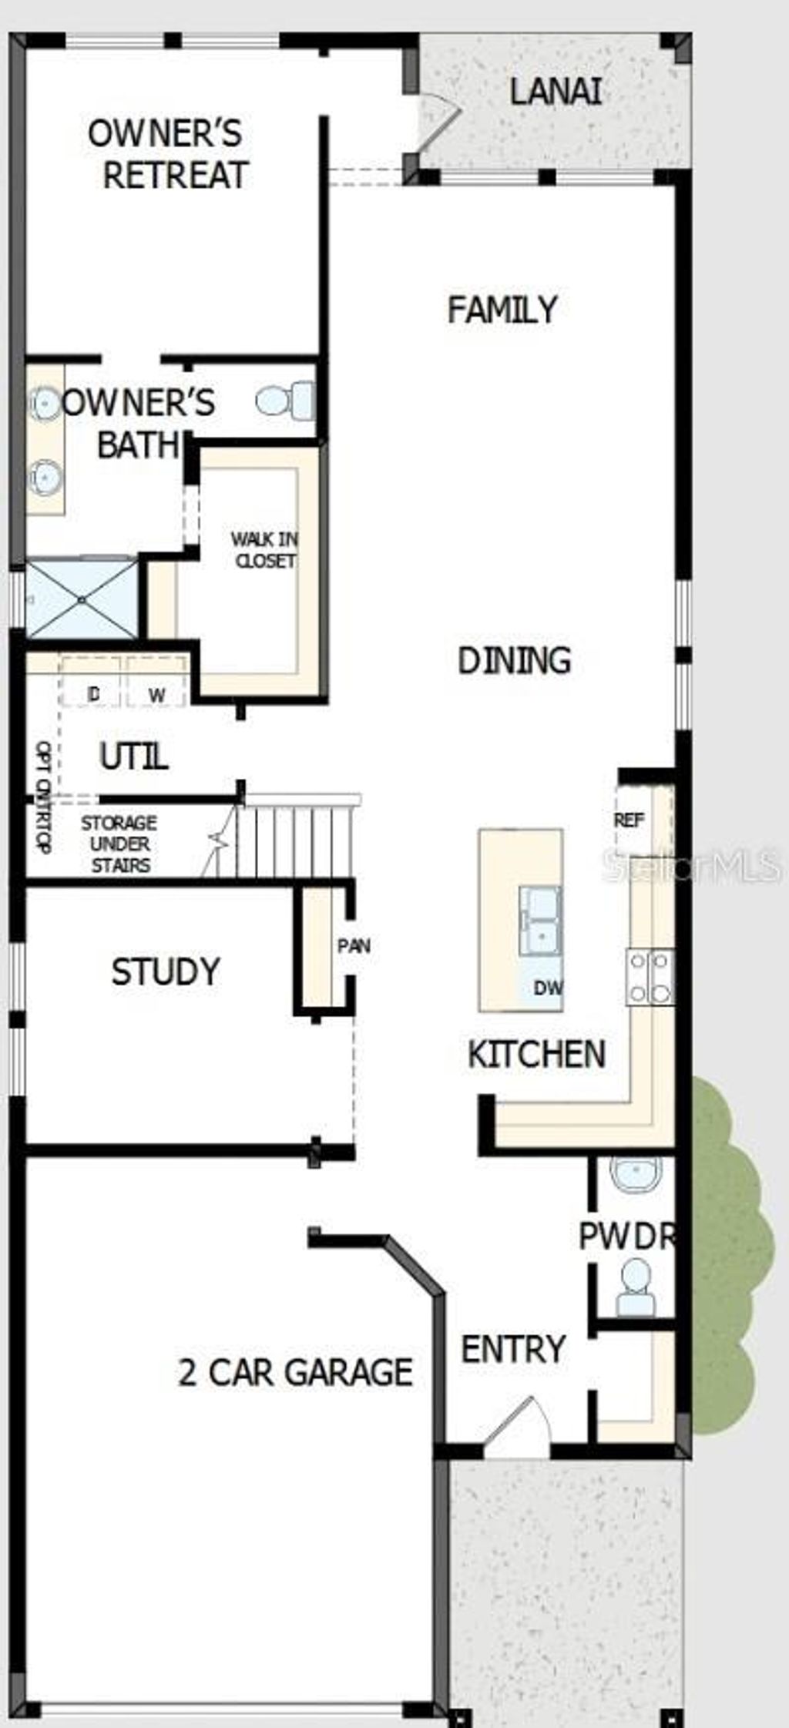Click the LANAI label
(555, 92)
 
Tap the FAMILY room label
(502, 310)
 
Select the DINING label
(514, 660)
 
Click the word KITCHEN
(536, 1054)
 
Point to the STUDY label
(166, 971)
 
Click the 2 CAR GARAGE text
(295, 1372)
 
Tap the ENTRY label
(513, 1349)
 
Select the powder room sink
(636, 1175)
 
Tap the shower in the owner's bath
(81, 599)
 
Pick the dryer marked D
(93, 694)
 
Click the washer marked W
(156, 694)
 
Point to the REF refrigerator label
(629, 820)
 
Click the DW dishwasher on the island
(548, 987)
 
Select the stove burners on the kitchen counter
(650, 977)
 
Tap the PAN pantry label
(354, 945)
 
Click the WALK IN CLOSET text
(264, 550)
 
